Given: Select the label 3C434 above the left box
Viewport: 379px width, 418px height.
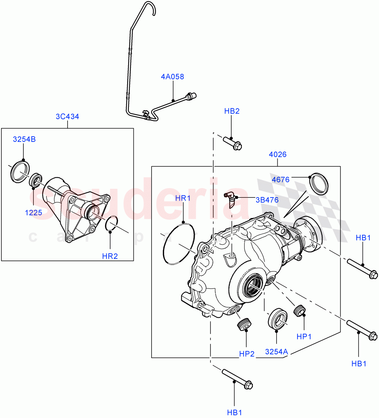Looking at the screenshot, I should pyautogui.click(x=67, y=116).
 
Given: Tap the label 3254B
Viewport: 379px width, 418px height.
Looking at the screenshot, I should pyautogui.click(x=24, y=139).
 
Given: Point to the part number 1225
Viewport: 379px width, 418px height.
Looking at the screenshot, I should pyautogui.click(x=33, y=212).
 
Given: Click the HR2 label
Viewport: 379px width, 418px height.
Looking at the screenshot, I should pyautogui.click(x=110, y=256).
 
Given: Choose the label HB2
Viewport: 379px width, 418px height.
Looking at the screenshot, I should pyautogui.click(x=232, y=111).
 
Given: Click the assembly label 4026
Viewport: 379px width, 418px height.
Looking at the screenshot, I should pyautogui.click(x=278, y=154).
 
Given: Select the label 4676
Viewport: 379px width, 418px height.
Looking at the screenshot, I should pyautogui.click(x=280, y=180).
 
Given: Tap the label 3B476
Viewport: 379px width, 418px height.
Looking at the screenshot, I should pyautogui.click(x=267, y=200).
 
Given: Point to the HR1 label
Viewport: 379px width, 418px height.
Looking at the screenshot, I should pyautogui.click(x=183, y=198).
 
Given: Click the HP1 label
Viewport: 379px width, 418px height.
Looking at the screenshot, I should pyautogui.click(x=304, y=336).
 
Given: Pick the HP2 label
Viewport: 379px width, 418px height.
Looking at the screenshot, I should pyautogui.click(x=247, y=354).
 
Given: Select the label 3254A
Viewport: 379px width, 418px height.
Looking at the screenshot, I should pyautogui.click(x=276, y=352).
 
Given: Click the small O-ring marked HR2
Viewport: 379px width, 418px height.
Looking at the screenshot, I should pyautogui.click(x=111, y=223).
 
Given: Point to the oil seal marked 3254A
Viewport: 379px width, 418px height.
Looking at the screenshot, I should pyautogui.click(x=278, y=318).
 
